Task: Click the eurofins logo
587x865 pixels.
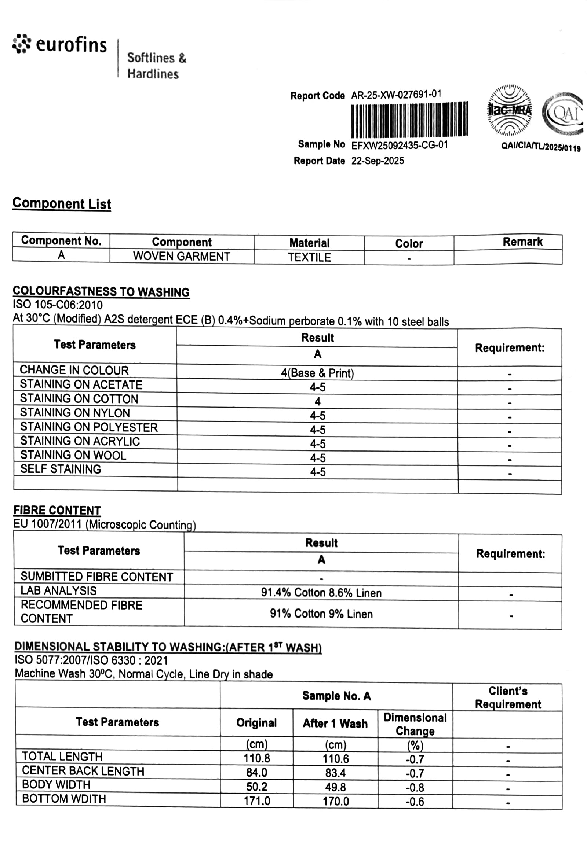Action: point(59,45)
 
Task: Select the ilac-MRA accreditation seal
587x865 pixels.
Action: point(510,111)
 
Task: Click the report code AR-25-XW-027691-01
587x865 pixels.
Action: point(396,95)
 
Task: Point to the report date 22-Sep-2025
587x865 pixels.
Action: point(377,161)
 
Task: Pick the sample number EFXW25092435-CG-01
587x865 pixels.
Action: point(399,145)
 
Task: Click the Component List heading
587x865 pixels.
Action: point(62,203)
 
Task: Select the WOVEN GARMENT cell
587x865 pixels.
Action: point(181,257)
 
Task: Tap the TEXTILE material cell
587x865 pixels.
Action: point(309,257)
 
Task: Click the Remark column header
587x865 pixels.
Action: point(522,242)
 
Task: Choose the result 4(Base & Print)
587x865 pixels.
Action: point(317,373)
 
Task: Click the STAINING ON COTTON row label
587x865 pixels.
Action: point(79,399)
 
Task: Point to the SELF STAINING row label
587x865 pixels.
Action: point(61,469)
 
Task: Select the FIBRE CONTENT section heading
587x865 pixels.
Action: point(57,510)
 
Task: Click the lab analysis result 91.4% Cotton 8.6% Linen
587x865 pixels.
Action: point(321,593)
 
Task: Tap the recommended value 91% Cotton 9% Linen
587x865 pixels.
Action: point(321,614)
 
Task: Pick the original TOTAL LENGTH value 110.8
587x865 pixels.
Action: point(256,758)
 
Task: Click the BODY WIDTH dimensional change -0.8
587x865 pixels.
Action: point(415,787)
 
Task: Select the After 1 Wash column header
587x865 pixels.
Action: point(335,723)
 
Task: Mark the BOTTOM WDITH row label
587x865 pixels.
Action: point(64,799)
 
